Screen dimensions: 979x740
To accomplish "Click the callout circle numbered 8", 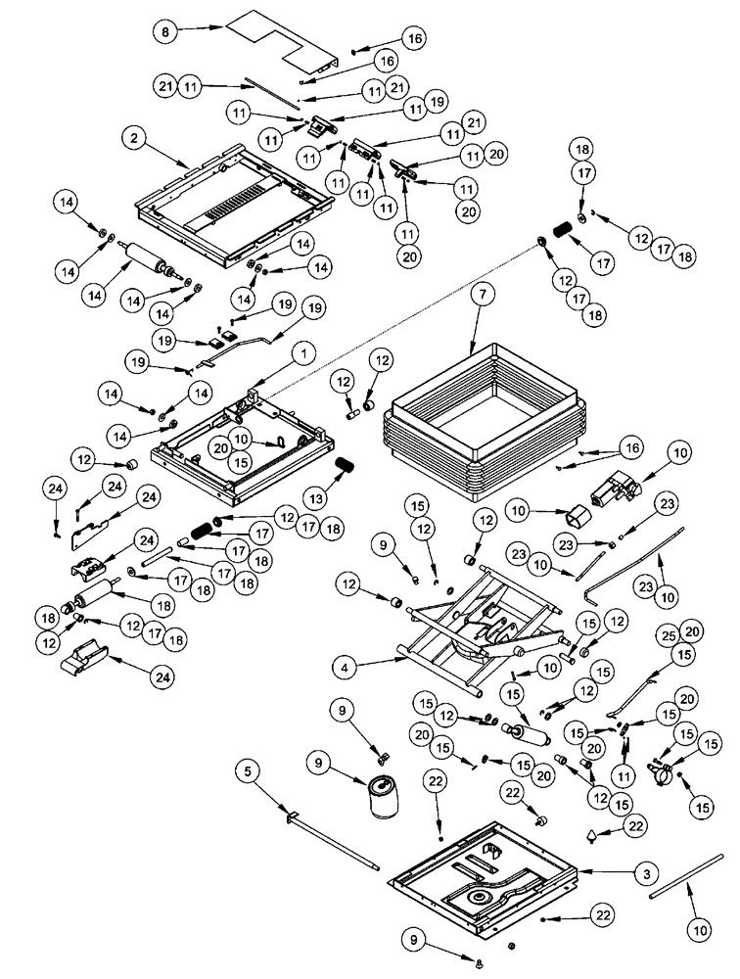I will [167, 31].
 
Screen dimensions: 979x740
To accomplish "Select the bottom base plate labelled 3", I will [480, 881].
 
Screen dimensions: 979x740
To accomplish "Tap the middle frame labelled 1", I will [235, 436].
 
